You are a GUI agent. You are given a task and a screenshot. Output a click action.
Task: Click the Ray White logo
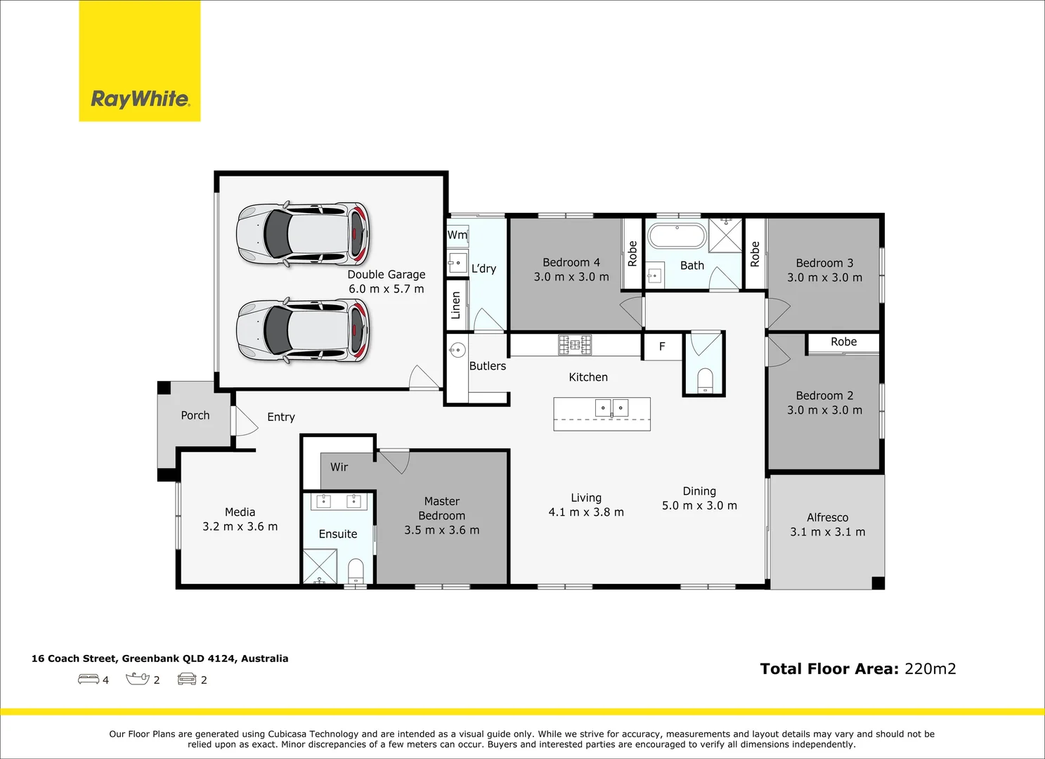click(x=139, y=60)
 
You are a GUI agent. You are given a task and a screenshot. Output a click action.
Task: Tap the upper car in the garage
click(x=303, y=234)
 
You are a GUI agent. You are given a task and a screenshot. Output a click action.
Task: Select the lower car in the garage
click(x=303, y=330)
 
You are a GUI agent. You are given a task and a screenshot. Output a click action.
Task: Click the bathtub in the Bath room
click(x=677, y=236)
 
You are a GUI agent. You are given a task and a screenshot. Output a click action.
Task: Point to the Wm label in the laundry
click(x=457, y=235)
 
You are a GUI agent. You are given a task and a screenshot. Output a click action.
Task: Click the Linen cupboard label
click(x=456, y=306)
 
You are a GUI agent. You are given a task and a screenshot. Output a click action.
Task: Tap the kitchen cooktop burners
click(x=575, y=345)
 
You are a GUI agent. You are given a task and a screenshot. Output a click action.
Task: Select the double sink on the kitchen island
click(x=611, y=408)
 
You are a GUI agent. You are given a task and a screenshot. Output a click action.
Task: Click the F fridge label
click(x=662, y=346)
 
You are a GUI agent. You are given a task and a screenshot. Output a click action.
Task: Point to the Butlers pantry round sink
click(x=457, y=349)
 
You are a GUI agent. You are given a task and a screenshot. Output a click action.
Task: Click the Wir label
click(x=339, y=467)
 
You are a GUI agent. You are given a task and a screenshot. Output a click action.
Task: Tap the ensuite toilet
click(x=356, y=571)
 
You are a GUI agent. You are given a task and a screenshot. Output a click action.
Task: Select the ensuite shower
click(x=320, y=566)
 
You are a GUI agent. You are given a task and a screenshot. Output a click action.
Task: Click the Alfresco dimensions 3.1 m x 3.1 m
click(x=828, y=532)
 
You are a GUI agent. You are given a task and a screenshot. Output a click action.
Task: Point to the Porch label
click(x=195, y=415)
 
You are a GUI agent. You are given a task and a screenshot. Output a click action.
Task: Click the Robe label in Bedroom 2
click(x=843, y=342)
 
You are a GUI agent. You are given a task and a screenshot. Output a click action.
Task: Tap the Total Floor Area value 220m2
click(x=930, y=669)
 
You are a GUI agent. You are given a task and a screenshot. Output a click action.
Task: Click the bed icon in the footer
click(x=88, y=679)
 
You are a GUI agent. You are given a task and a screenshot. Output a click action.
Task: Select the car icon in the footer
click(x=187, y=679)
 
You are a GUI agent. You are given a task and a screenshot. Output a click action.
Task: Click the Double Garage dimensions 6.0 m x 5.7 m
click(x=387, y=290)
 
